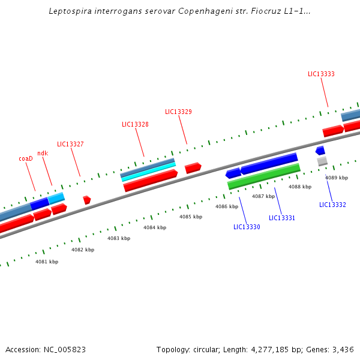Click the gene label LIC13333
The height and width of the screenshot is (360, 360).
(x=321, y=74)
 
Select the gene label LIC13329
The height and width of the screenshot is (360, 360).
(x=178, y=112)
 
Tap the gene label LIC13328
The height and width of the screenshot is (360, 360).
(x=135, y=125)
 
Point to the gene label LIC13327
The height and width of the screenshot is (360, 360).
(x=70, y=145)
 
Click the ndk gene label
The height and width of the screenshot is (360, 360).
(x=43, y=154)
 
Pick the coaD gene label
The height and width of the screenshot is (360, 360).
(x=25, y=159)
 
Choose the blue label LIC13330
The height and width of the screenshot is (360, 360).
(x=247, y=227)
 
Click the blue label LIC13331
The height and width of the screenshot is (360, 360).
(x=282, y=218)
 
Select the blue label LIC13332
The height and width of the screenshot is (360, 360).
(x=332, y=205)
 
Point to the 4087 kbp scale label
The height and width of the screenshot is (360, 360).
(x=263, y=197)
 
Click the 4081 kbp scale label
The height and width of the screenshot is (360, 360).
(x=47, y=262)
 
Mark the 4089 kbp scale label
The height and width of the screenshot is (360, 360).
(x=337, y=178)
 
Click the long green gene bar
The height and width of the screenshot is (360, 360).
(x=264, y=176)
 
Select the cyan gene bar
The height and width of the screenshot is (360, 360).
(x=148, y=171)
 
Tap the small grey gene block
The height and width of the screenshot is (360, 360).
(x=322, y=161)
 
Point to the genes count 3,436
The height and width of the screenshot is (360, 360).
(x=343, y=349)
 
